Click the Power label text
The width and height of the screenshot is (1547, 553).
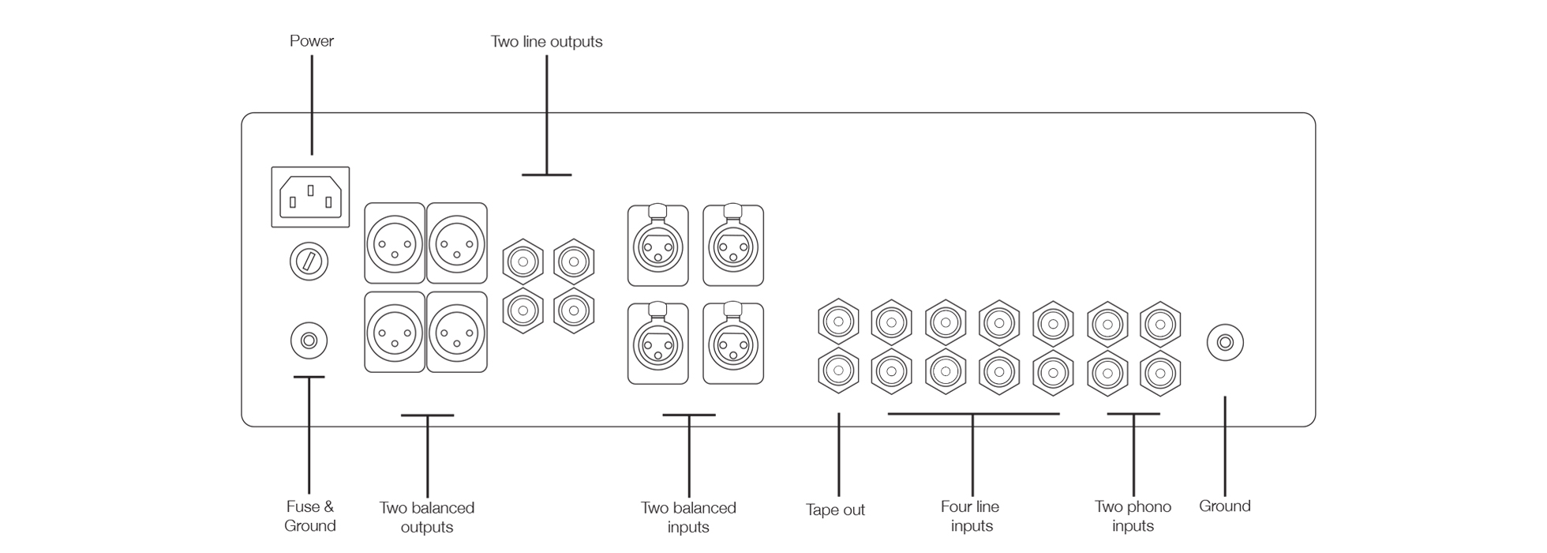[311, 41]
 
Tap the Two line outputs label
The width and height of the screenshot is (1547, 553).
[546, 42]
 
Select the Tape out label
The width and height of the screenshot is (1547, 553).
[835, 510]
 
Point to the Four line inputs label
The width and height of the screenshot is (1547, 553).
[971, 517]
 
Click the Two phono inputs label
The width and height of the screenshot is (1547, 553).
[1133, 517]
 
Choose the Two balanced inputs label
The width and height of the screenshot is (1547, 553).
[688, 517]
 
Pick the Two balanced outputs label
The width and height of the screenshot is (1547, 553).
[426, 517]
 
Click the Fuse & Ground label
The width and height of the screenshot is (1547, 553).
[309, 517]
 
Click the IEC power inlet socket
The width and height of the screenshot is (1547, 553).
[310, 197]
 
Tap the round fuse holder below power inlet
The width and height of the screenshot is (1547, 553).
[309, 261]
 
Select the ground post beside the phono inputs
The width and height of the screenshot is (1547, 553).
[1225, 343]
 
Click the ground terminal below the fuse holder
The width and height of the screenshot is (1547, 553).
[309, 341]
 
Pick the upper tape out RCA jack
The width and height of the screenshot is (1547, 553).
[837, 322]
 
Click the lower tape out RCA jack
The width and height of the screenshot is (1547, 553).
[837, 370]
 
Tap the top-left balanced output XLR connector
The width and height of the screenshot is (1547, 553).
[395, 243]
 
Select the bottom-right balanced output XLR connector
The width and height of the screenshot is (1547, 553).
[456, 332]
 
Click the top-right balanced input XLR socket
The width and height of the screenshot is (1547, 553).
[733, 246]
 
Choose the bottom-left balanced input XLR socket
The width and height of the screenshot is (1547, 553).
[657, 344]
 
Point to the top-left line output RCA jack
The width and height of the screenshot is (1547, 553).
[523, 261]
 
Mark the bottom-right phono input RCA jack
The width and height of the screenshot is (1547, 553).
[1160, 371]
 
